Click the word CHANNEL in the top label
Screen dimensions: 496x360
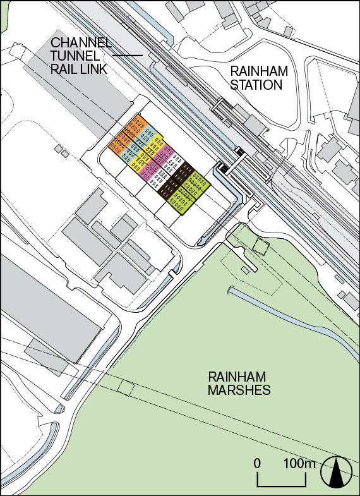click(81, 43)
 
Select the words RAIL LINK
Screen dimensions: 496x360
click(78, 70)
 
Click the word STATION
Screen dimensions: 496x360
click(256, 85)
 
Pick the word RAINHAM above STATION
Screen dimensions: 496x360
click(256, 71)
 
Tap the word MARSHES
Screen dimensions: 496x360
click(239, 390)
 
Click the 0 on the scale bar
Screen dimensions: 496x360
click(257, 464)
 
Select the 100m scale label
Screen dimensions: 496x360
click(299, 464)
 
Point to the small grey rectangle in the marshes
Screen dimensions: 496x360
click(244, 270)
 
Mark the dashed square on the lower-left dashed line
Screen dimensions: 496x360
click(126, 388)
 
